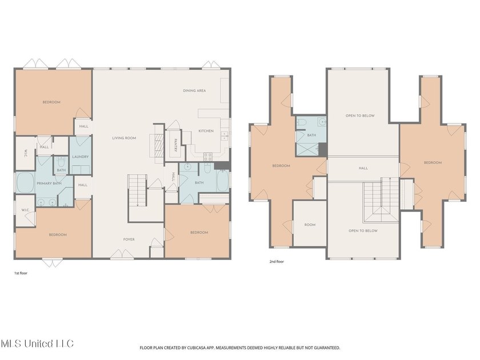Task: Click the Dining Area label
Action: click(x=194, y=91)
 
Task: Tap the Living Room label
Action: click(x=124, y=138)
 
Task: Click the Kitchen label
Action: click(x=206, y=131)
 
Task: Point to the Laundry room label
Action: click(x=80, y=157)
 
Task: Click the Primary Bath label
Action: click(x=49, y=183)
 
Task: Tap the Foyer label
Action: click(x=129, y=239)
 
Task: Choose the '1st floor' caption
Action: click(x=21, y=273)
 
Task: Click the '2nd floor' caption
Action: click(x=277, y=262)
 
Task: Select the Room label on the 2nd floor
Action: click(x=310, y=225)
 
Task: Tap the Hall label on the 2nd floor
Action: click(x=363, y=168)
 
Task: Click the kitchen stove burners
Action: click(x=208, y=157)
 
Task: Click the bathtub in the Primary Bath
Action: click(x=25, y=183)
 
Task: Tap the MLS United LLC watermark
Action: click(x=37, y=343)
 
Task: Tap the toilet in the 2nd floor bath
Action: click(x=302, y=122)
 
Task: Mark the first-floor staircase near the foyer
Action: click(x=138, y=190)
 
